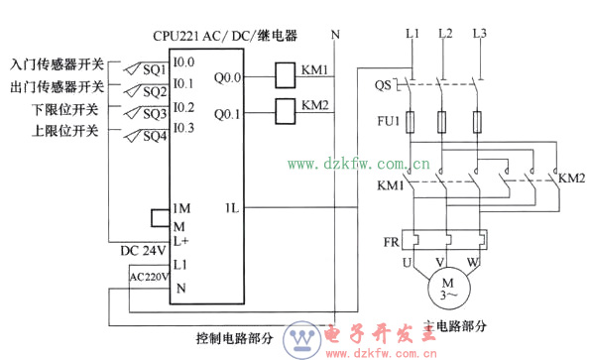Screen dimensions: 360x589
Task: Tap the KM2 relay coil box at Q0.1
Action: [x=283, y=107]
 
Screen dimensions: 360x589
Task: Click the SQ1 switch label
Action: [x=153, y=70]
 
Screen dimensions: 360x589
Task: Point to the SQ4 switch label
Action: [x=153, y=136]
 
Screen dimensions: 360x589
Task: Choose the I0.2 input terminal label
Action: [x=182, y=107]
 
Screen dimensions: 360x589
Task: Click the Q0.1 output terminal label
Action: [x=227, y=113]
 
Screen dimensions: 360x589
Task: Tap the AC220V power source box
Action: [x=149, y=277]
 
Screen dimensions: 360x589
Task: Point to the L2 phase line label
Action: [x=444, y=35]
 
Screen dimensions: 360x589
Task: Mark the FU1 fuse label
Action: [x=388, y=122]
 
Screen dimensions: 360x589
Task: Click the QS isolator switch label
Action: [x=383, y=85]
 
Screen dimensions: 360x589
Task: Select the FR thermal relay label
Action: [x=391, y=243]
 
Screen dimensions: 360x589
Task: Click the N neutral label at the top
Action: [x=335, y=35]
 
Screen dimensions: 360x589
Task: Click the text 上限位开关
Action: [x=65, y=130]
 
